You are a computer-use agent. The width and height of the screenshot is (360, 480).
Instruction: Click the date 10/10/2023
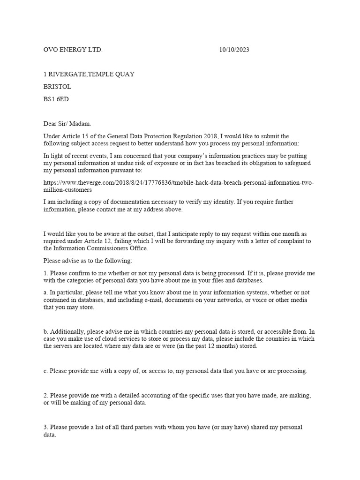coord(234,50)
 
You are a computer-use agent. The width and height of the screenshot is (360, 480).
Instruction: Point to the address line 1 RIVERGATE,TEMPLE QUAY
coord(89,75)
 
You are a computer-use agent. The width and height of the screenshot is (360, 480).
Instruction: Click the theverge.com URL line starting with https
coord(178,183)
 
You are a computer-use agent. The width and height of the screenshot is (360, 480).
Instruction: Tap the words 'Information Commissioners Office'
coord(101,248)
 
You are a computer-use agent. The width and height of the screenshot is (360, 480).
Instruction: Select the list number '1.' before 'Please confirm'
coord(46,273)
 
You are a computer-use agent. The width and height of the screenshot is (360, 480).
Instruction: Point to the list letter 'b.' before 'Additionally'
coord(46,331)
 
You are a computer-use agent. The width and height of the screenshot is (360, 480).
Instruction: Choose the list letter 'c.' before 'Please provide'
coord(46,371)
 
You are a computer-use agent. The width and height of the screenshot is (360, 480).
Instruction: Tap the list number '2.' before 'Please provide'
coord(46,396)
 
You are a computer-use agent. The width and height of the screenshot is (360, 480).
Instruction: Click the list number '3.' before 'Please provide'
coord(46,427)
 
